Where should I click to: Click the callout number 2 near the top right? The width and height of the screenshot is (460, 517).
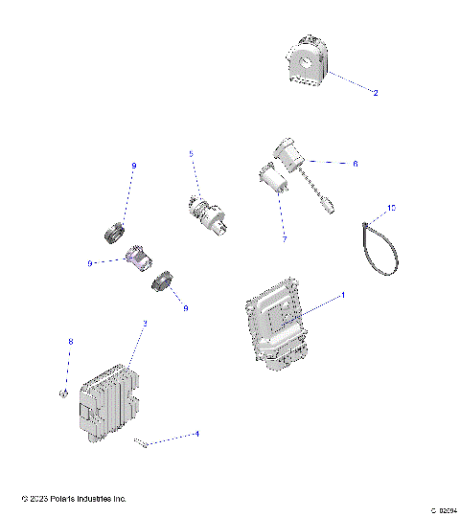(375, 93)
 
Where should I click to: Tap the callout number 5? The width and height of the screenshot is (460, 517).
(191, 153)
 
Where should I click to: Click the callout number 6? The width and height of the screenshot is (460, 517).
(355, 164)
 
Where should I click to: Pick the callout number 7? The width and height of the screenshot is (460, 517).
(284, 238)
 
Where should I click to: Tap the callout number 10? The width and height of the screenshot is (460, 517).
(391, 207)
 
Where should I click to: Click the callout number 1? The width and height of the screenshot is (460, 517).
(343, 295)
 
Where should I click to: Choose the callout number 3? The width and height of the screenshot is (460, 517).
(144, 324)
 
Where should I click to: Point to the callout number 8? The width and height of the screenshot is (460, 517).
(69, 342)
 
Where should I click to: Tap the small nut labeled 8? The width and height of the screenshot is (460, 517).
(60, 393)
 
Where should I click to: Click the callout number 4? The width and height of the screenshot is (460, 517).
(196, 434)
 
